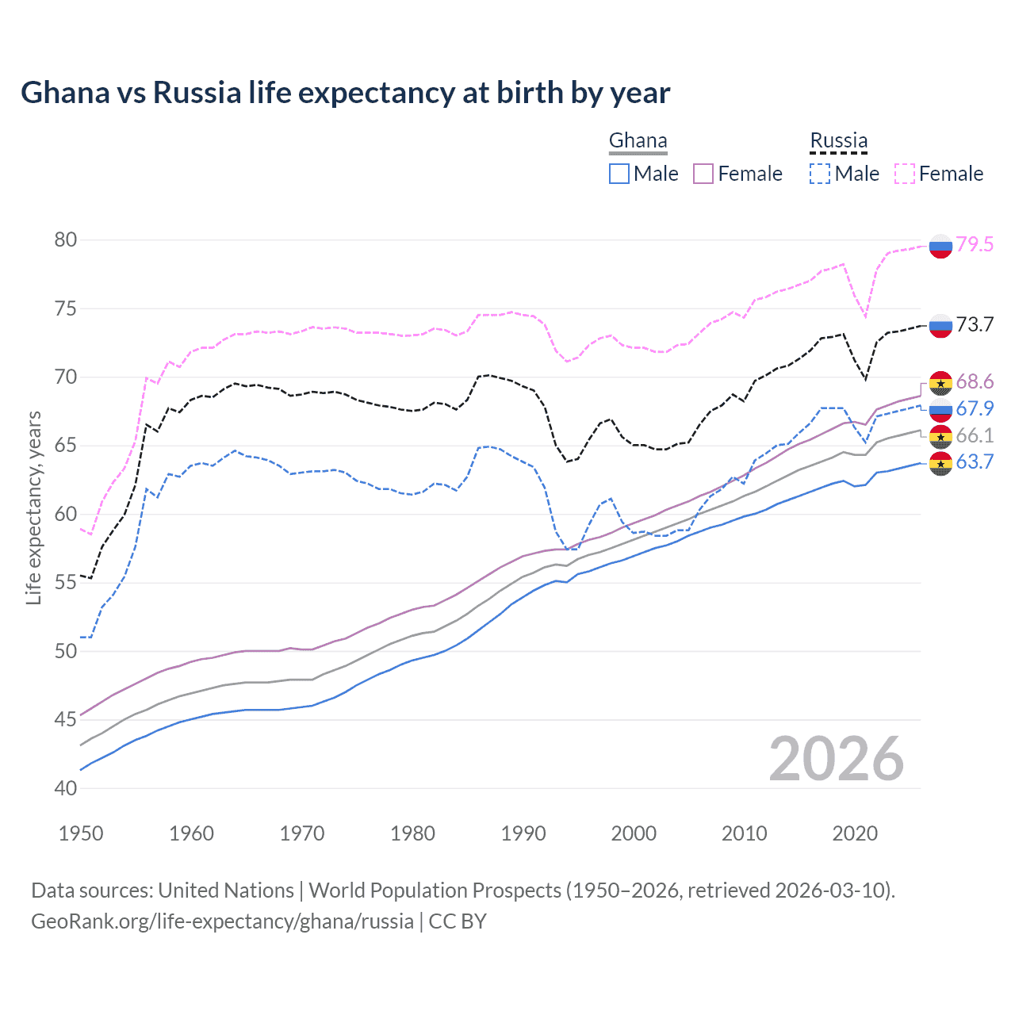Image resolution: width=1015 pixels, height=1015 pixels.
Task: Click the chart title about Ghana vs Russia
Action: (345, 93)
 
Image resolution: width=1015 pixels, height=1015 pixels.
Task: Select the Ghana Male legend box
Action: (619, 174)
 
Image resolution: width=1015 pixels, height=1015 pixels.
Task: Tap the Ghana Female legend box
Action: (703, 174)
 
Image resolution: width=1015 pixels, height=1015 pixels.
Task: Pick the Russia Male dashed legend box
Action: (820, 174)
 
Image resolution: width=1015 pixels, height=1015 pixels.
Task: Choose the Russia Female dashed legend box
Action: (905, 174)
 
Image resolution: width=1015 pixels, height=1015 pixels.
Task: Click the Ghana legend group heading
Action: (638, 141)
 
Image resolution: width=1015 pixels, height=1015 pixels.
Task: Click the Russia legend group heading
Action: (838, 141)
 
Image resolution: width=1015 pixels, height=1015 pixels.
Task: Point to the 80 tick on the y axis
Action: (66, 239)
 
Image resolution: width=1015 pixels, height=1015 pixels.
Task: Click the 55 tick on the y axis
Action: (66, 583)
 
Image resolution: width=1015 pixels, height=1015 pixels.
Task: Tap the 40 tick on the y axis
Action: (66, 788)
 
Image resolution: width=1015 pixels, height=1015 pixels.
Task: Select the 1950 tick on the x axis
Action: (81, 833)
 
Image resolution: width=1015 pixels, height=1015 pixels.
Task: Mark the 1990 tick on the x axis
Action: (523, 833)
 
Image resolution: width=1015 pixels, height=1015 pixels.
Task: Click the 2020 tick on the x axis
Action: (855, 833)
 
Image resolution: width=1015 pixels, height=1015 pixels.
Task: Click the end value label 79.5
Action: (975, 244)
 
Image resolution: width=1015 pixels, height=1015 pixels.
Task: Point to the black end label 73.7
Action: (975, 324)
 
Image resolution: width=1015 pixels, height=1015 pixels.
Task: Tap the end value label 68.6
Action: (975, 381)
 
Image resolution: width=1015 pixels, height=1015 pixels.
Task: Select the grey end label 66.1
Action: (975, 435)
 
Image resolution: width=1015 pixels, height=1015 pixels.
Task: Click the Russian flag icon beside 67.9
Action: (940, 409)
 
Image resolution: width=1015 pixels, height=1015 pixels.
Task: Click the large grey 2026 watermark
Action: (837, 759)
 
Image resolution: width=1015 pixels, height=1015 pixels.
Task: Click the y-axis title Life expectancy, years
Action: (33, 507)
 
